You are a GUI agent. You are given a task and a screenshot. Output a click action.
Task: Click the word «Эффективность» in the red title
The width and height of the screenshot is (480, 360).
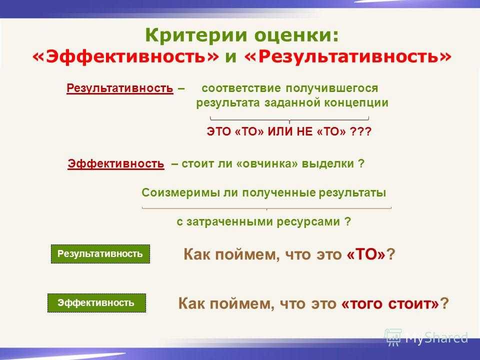coord(126,56)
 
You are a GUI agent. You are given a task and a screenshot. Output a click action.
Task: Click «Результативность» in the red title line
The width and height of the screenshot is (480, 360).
coord(348,56)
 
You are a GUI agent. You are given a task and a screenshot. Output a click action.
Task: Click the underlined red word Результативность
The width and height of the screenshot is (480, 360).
coord(119,88)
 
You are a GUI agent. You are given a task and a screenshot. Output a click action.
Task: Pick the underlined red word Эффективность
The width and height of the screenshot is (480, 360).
coord(115,163)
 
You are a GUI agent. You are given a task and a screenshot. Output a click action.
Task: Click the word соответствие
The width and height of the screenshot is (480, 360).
coord(241,88)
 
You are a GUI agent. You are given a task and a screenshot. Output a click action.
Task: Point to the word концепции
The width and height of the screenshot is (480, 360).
coord(356,103)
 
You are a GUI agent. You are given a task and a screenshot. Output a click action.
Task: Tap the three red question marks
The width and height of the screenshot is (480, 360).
coord(360,131)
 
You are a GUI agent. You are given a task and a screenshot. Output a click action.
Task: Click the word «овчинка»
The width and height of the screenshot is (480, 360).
coord(266,164)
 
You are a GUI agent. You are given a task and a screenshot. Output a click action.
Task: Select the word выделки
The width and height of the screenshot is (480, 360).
coord(328,164)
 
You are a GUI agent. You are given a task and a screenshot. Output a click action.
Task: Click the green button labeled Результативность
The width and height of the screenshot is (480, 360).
coord(100,254)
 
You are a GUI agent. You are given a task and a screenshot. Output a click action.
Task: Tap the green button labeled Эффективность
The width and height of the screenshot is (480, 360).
coord(96,303)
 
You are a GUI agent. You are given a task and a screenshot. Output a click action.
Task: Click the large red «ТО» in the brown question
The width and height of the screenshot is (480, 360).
coord(366,254)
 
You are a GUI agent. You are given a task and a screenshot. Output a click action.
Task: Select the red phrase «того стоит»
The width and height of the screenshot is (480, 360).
coord(390,303)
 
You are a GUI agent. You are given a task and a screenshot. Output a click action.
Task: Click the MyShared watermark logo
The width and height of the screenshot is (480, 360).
coord(426,337)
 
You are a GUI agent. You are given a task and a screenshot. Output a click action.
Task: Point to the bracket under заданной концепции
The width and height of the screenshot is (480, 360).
coord(289,119)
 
